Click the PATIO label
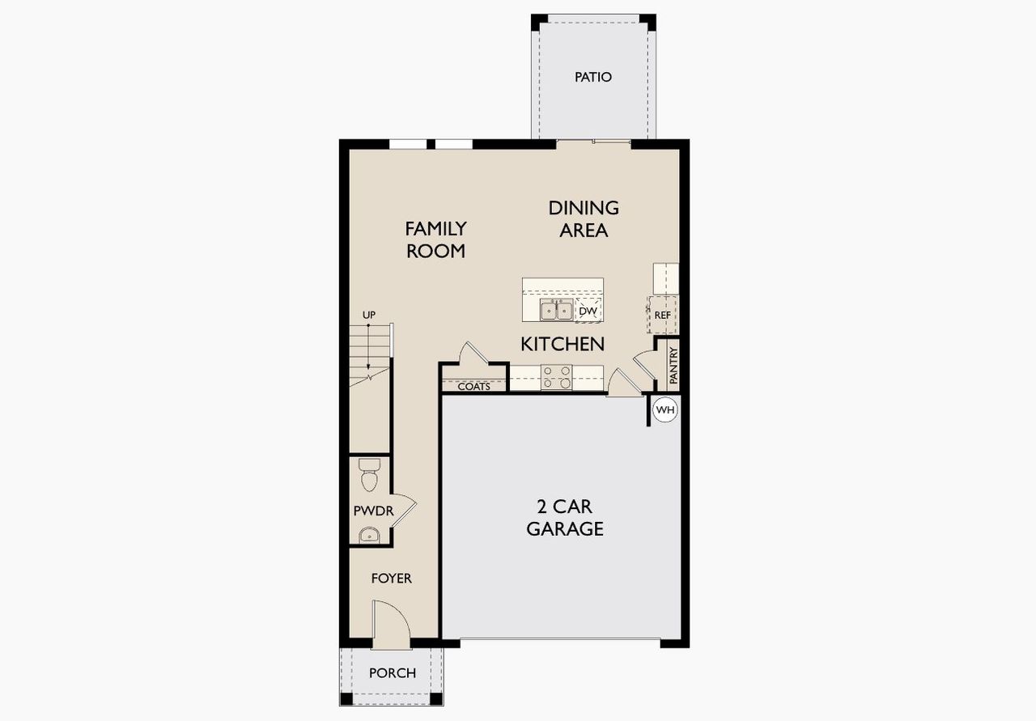(x=593, y=78)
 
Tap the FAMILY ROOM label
(x=435, y=240)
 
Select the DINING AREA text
(x=584, y=219)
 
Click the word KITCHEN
(x=563, y=344)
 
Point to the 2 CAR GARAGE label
(x=565, y=518)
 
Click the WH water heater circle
(x=664, y=410)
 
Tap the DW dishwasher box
(x=588, y=311)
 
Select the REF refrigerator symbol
(x=663, y=315)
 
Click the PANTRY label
(x=673, y=366)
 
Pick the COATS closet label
(x=474, y=387)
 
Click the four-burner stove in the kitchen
(x=557, y=378)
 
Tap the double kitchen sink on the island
(x=557, y=310)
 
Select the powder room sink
(x=369, y=534)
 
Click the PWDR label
(x=373, y=511)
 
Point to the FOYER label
(x=391, y=579)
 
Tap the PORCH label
(x=393, y=673)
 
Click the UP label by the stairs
(x=369, y=315)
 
